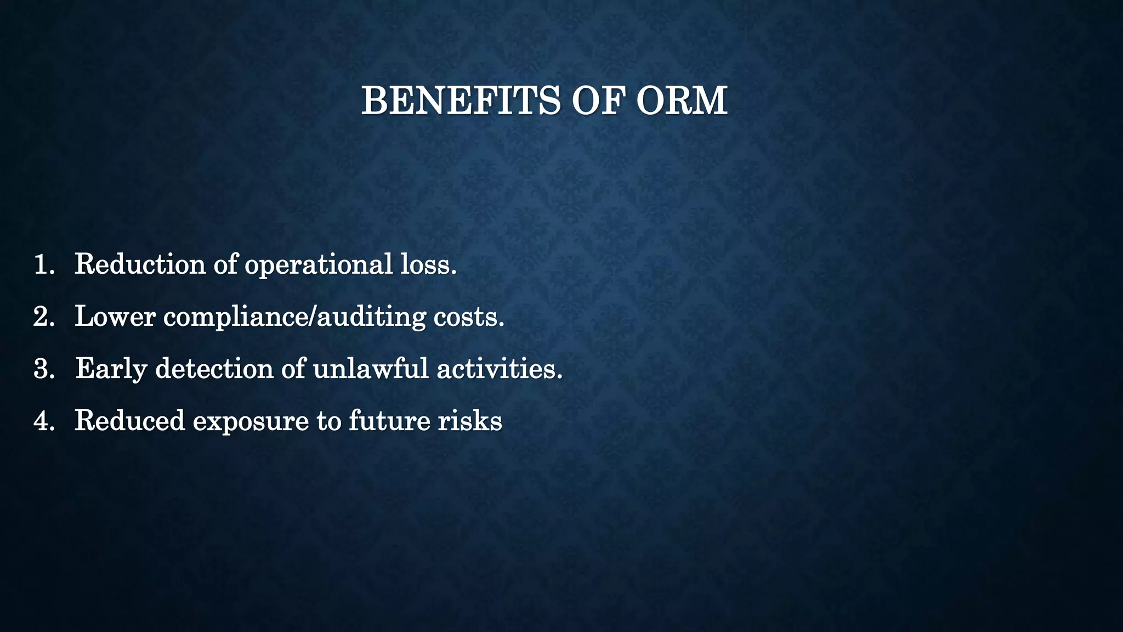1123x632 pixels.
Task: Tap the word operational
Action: coord(318,266)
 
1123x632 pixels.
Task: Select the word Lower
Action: coord(115,317)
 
